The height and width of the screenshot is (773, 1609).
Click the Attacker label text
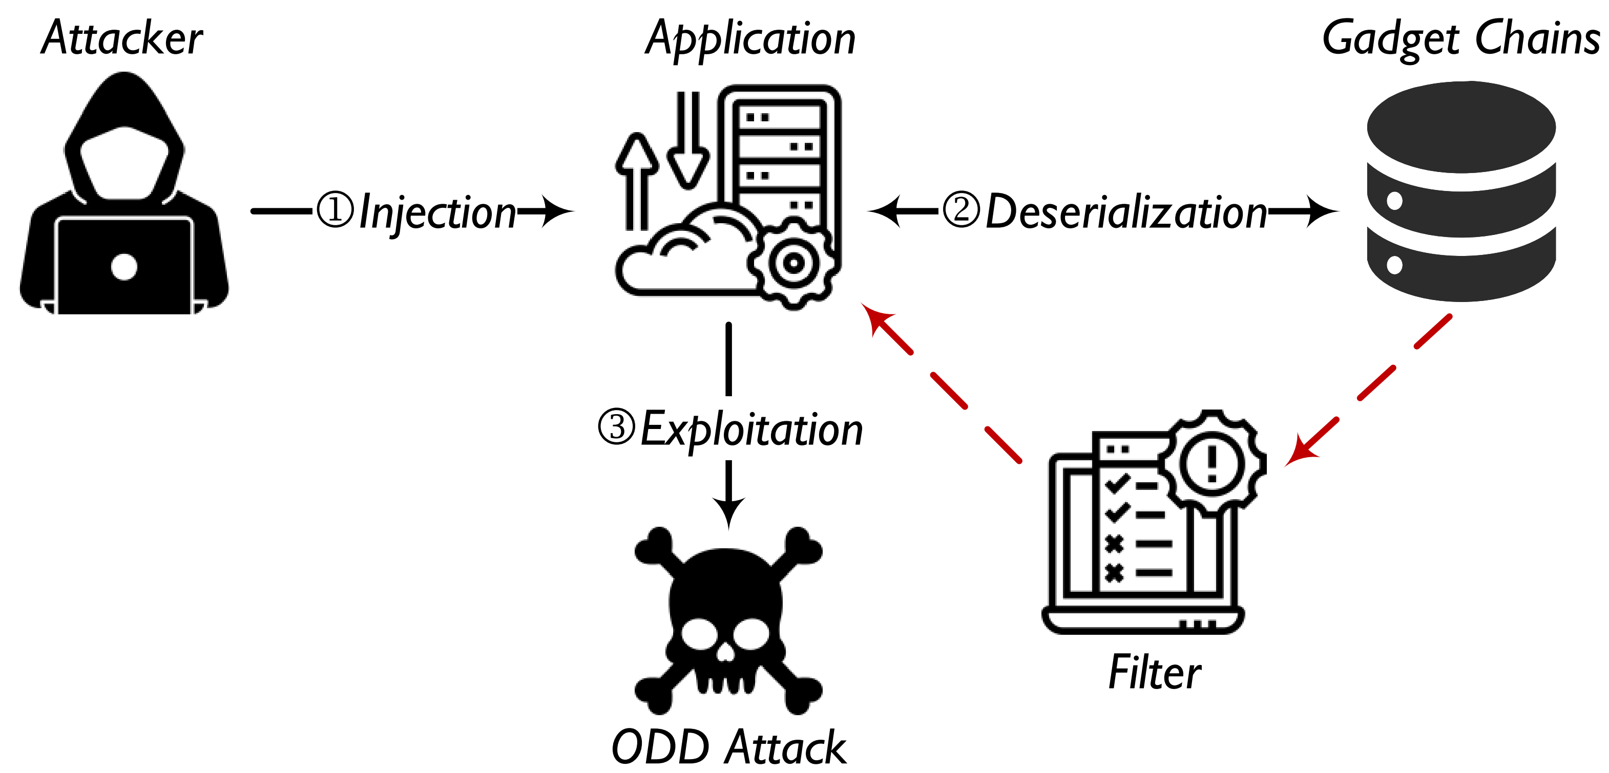(x=122, y=39)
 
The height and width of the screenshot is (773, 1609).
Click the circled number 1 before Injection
(x=336, y=210)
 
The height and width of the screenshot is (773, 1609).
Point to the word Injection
(x=437, y=213)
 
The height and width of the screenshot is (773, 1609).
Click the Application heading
(x=750, y=39)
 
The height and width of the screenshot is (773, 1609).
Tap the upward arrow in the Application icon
(x=636, y=181)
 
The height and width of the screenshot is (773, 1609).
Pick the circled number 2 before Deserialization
(x=960, y=210)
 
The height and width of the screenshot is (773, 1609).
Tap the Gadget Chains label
(x=1460, y=39)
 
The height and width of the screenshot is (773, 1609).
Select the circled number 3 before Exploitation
(x=616, y=428)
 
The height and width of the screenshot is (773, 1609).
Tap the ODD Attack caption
(x=728, y=747)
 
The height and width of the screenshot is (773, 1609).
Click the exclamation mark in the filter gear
(x=1212, y=463)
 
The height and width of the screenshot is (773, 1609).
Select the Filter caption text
(x=1154, y=673)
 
